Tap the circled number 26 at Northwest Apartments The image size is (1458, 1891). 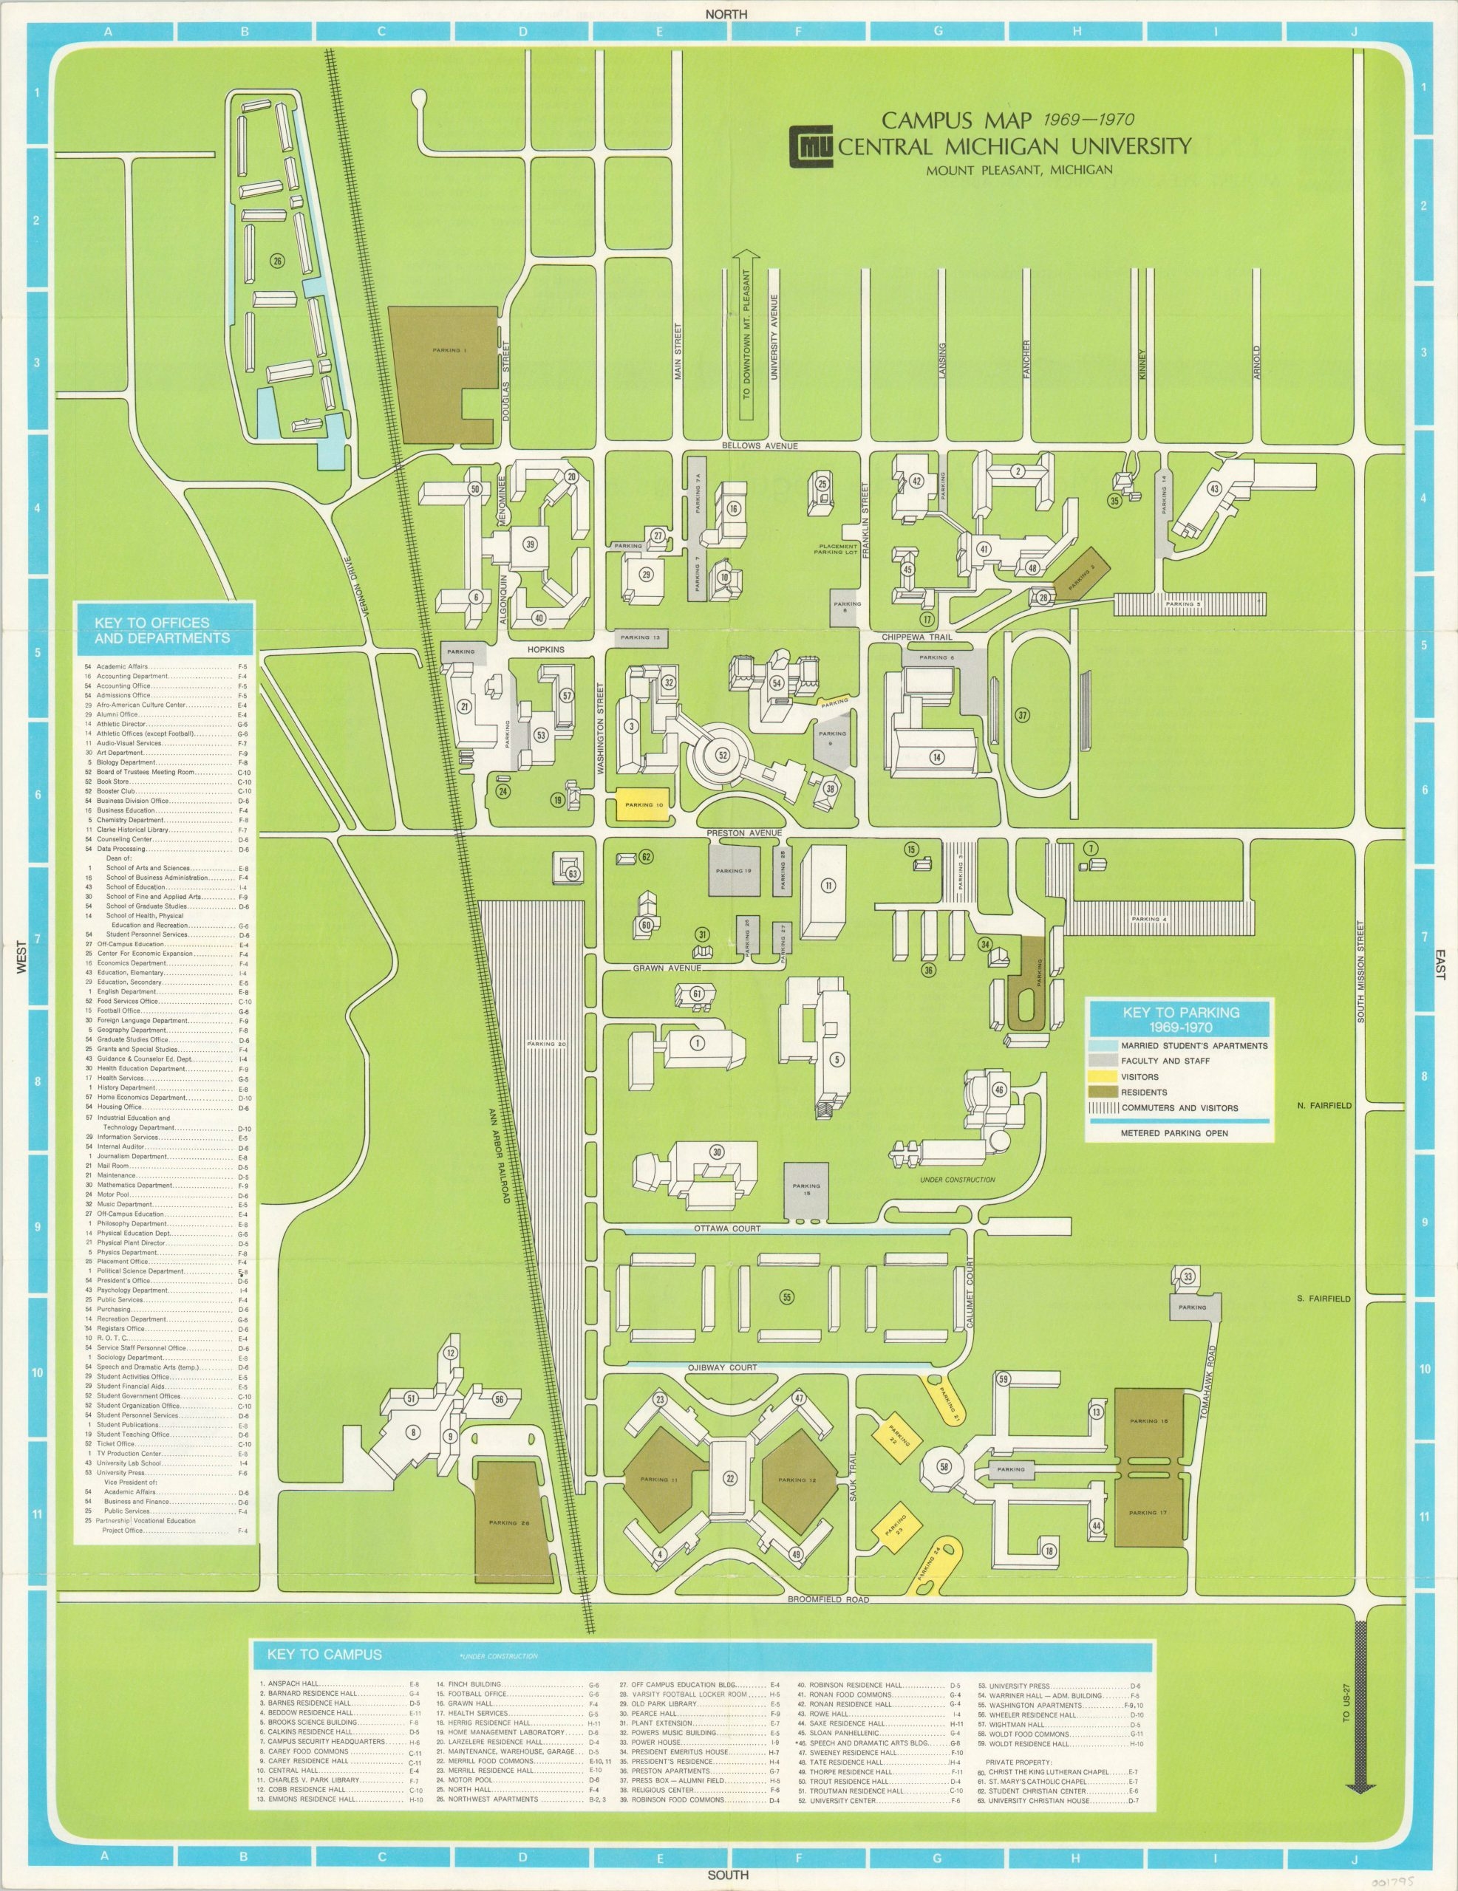click(277, 260)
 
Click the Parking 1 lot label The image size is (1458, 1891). click(449, 351)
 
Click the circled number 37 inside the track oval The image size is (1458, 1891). click(1022, 715)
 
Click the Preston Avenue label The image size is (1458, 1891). click(744, 833)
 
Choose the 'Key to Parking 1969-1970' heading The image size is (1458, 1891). click(1181, 1019)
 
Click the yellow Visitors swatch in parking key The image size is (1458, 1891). click(1101, 1076)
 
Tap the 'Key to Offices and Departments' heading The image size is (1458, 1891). click(165, 630)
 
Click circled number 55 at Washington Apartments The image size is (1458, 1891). click(786, 1296)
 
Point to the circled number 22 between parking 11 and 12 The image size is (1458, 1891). click(729, 1479)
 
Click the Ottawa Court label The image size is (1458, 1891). click(714, 1228)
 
